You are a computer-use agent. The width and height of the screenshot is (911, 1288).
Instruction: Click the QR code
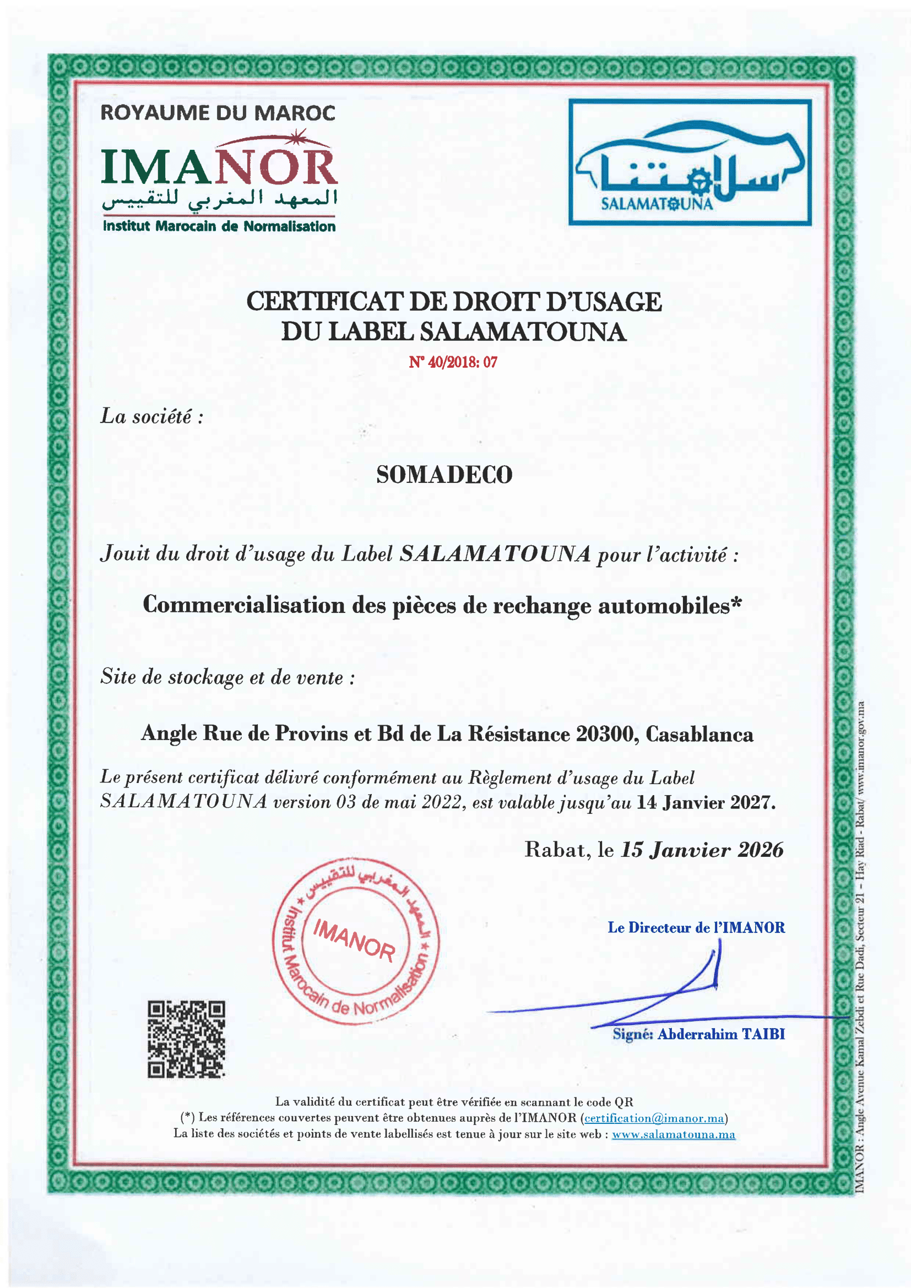pyautogui.click(x=186, y=1039)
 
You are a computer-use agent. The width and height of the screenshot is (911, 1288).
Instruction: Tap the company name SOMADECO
pyautogui.click(x=444, y=475)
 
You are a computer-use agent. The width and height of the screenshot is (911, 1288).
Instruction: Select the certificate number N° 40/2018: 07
pyautogui.click(x=453, y=362)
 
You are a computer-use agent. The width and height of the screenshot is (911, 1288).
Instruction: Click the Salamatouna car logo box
pyautogui.click(x=690, y=162)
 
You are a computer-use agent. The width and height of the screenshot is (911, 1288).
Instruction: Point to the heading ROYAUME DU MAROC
pyautogui.click(x=218, y=113)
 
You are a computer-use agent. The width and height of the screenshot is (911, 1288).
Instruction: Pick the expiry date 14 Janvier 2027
pyautogui.click(x=705, y=803)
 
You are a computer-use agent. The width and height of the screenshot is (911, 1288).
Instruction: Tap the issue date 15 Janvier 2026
pyautogui.click(x=702, y=850)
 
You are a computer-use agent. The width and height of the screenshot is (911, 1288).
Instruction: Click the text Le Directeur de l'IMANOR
pyautogui.click(x=696, y=927)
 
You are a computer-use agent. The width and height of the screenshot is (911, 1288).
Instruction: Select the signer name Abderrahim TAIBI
pyautogui.click(x=721, y=1034)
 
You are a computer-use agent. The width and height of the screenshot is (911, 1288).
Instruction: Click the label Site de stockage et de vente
pyautogui.click(x=227, y=677)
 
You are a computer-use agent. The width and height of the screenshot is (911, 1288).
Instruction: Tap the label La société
pyautogui.click(x=151, y=416)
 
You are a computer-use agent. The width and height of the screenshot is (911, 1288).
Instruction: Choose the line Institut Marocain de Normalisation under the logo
pyautogui.click(x=219, y=227)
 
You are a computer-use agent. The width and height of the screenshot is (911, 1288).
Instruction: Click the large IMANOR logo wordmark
pyautogui.click(x=219, y=167)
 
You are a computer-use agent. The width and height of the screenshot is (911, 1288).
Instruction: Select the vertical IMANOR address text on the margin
pyautogui.click(x=860, y=954)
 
